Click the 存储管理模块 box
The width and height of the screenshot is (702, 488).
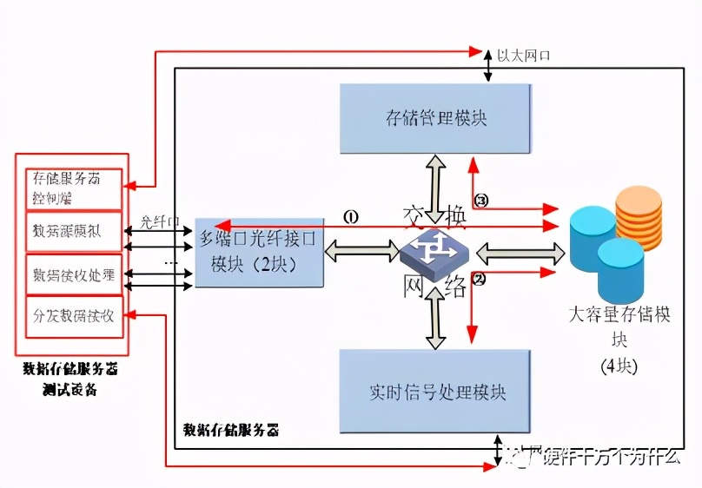[434, 119]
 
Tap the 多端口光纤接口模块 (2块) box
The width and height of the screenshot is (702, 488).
[259, 252]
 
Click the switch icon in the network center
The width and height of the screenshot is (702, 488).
[434, 253]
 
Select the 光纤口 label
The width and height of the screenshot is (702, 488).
[159, 221]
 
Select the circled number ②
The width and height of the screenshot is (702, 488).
[479, 279]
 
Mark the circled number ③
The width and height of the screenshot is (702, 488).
[481, 201]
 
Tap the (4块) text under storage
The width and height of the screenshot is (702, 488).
[619, 366]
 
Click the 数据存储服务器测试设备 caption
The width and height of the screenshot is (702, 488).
[71, 379]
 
